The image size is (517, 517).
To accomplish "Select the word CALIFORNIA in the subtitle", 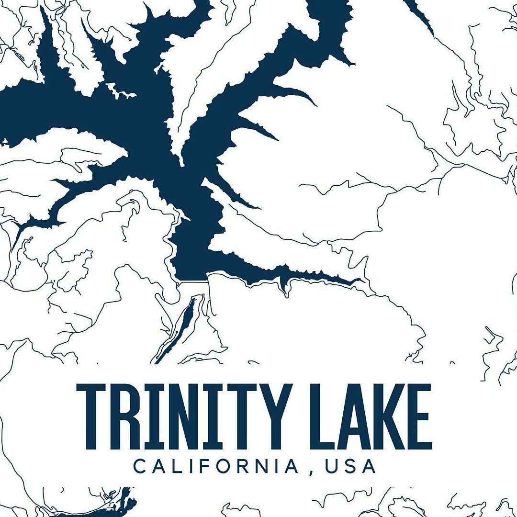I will pos(216,466).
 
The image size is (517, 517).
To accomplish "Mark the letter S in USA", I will pos(350,466).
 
